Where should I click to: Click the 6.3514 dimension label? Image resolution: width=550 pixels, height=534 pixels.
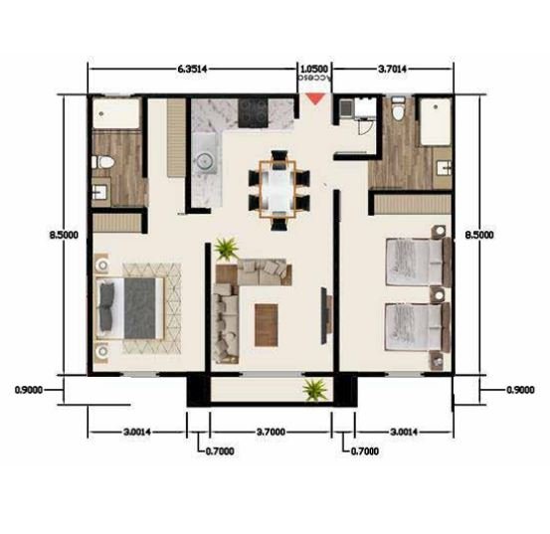pyautogui.click(x=192, y=69)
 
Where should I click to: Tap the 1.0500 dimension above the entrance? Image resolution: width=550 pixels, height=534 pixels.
pyautogui.click(x=314, y=69)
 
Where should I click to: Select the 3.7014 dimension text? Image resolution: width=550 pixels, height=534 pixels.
pyautogui.click(x=392, y=69)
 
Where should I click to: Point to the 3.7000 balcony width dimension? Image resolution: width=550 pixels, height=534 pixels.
pyautogui.click(x=271, y=432)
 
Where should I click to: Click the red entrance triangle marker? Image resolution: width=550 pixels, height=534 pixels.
pyautogui.click(x=315, y=98)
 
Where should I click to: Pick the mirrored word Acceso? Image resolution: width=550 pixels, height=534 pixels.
pyautogui.click(x=314, y=78)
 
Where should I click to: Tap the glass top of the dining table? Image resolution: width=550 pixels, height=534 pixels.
pyautogui.click(x=278, y=189)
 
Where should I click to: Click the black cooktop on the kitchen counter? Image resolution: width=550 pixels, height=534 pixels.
pyautogui.click(x=253, y=113)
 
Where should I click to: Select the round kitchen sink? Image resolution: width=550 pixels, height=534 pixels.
pyautogui.click(x=205, y=162)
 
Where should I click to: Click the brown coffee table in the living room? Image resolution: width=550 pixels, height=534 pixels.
pyautogui.click(x=267, y=325)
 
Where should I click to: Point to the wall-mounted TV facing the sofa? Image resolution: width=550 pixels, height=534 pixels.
pyautogui.click(x=326, y=315)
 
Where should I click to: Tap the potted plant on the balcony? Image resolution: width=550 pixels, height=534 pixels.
pyautogui.click(x=314, y=389)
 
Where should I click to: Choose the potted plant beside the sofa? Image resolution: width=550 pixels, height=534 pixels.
pyautogui.click(x=226, y=249)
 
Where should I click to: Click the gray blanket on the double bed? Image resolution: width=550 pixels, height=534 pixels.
pyautogui.click(x=139, y=308)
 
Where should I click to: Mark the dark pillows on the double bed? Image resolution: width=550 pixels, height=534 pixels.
pyautogui.click(x=107, y=307)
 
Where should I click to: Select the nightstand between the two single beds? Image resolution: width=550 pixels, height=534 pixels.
pyautogui.click(x=438, y=295)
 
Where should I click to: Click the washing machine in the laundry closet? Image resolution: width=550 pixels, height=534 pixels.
pyautogui.click(x=345, y=107)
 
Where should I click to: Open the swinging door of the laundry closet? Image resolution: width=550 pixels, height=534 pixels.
pyautogui.click(x=364, y=127)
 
